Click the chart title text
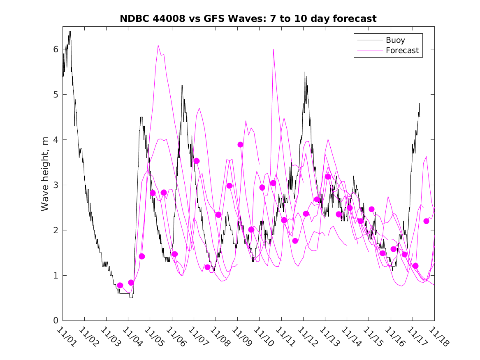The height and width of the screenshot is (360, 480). click(x=248, y=19)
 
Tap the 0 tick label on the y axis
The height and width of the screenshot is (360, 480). click(x=56, y=321)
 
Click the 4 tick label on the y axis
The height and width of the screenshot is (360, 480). click(x=56, y=140)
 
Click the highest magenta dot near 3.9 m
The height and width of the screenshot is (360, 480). click(x=240, y=144)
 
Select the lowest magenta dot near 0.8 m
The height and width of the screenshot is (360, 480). click(x=120, y=285)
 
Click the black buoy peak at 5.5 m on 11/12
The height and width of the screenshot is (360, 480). click(x=305, y=72)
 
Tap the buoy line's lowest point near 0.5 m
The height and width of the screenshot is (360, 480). click(x=131, y=297)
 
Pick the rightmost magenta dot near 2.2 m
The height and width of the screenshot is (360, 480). click(x=426, y=221)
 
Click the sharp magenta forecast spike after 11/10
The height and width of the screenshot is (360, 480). click(x=273, y=49)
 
